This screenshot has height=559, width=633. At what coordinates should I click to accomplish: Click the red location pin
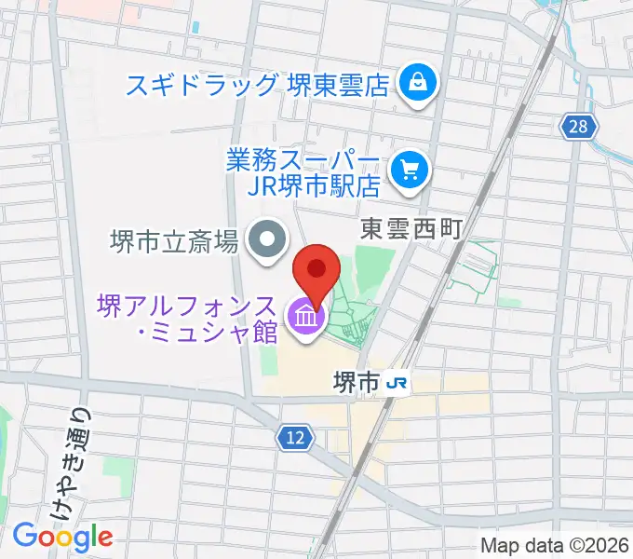316,271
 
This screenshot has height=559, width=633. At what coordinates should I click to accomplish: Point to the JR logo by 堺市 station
397,382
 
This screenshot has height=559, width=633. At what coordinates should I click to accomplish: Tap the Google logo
62,537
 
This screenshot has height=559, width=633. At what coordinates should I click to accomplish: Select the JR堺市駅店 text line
316,185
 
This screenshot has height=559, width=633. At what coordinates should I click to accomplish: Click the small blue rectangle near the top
195,27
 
